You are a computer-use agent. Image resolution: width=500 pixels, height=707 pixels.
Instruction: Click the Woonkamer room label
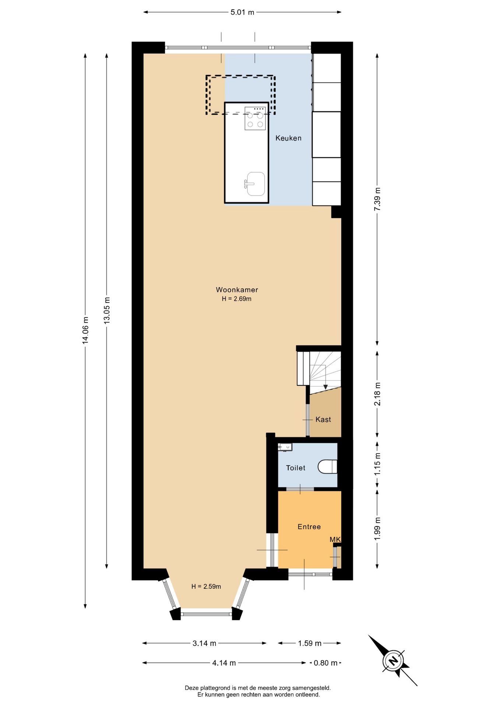tap(237, 290)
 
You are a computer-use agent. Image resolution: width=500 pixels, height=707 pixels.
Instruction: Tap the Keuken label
tap(288, 138)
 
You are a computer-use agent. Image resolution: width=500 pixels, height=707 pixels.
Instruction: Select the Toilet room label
tap(296, 468)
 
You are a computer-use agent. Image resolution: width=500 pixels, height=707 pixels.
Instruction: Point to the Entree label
tap(309, 527)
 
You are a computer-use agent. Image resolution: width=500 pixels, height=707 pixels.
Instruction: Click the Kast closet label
tap(323, 419)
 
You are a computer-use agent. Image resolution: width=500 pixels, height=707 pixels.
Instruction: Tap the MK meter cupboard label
tap(335, 539)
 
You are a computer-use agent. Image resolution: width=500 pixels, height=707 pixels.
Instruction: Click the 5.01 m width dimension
tap(242, 12)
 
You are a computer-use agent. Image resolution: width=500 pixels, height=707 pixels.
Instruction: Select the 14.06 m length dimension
tap(85, 330)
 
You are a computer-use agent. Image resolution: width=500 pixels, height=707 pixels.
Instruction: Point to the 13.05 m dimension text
tap(107, 310)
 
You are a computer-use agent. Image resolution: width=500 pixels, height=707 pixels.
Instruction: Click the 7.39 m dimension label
tap(377, 199)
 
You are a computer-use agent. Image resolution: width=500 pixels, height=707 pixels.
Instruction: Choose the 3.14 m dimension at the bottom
tap(204, 643)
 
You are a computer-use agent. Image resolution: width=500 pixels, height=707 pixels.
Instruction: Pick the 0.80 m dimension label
tap(325, 663)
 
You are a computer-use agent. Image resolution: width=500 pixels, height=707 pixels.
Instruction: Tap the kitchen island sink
tap(255, 184)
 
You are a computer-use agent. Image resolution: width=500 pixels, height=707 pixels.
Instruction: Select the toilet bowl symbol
tap(328, 467)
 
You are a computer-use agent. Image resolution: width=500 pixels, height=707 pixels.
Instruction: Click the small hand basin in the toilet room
tap(285, 447)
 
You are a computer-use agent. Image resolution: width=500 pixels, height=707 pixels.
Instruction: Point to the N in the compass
tap(393, 660)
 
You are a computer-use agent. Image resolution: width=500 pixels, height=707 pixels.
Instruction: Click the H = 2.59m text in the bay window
tap(206, 587)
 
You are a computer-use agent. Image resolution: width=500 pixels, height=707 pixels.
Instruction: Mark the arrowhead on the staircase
tap(325, 387)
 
